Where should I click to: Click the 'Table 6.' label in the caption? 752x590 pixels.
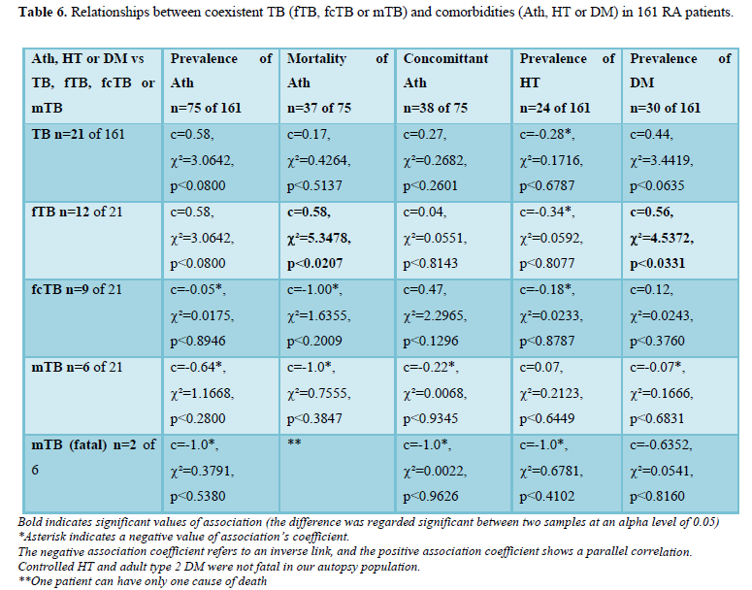coord(42,13)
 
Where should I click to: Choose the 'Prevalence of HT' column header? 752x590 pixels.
coord(567,71)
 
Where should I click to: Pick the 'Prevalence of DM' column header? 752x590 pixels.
coord(679,71)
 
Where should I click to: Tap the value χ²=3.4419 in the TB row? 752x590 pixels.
coord(665,159)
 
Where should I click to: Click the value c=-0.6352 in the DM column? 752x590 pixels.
coord(663,445)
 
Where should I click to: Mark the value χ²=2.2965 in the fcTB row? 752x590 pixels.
coord(439,314)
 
